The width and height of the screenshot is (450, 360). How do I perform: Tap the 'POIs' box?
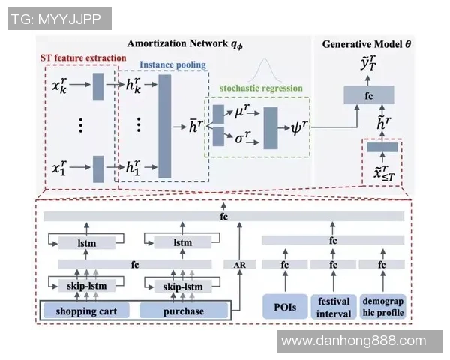(x=285, y=305)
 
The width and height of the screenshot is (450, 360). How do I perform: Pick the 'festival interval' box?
(x=333, y=305)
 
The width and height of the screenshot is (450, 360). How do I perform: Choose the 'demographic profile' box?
(x=382, y=305)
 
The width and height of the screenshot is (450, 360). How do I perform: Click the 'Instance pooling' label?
(x=173, y=65)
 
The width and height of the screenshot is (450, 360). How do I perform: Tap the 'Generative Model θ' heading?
(x=367, y=44)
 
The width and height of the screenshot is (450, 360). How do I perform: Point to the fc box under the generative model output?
(x=368, y=94)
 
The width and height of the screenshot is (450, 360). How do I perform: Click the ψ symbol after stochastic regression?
(x=297, y=127)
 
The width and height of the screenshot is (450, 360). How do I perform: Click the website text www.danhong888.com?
(x=353, y=341)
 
